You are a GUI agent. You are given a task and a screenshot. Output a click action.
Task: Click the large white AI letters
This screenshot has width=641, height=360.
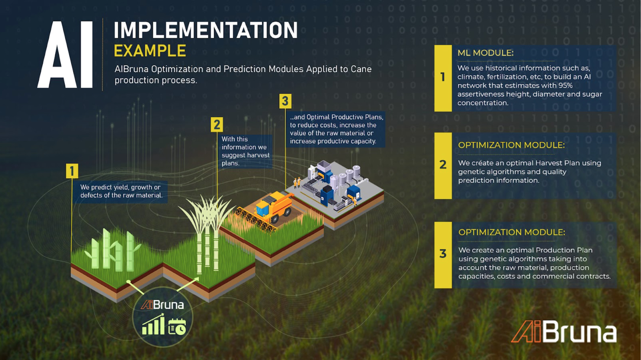tap(65, 55)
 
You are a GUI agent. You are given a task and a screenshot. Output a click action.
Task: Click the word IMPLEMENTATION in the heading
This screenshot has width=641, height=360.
tap(206, 30)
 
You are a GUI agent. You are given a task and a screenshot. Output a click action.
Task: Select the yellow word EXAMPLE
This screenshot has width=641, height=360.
tap(150, 51)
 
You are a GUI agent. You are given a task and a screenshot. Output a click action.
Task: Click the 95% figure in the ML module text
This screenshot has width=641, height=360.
tap(566, 85)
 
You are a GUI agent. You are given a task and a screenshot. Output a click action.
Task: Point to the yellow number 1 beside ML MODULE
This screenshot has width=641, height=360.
tap(443, 77)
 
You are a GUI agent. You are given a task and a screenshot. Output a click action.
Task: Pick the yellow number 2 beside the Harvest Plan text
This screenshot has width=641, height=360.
tap(443, 164)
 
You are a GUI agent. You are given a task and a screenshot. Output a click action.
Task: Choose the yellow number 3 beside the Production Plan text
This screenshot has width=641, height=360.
tap(443, 253)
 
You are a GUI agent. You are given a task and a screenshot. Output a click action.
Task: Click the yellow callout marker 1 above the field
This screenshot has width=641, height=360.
tap(72, 171)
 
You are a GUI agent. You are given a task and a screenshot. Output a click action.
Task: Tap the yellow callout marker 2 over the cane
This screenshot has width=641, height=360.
tap(217, 125)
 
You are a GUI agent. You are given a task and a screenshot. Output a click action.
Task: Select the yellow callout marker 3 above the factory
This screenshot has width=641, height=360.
tap(285, 101)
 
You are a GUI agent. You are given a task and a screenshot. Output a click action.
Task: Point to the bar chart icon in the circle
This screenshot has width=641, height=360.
tap(153, 324)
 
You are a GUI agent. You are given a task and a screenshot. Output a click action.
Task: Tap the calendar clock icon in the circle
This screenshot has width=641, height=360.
tap(177, 326)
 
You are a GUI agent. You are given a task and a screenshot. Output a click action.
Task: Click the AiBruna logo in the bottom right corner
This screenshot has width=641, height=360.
tap(564, 332)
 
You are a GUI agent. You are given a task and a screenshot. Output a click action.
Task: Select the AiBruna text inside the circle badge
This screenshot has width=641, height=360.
tap(163, 305)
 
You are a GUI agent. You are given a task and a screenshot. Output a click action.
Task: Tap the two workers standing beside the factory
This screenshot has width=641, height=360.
tap(297, 183)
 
